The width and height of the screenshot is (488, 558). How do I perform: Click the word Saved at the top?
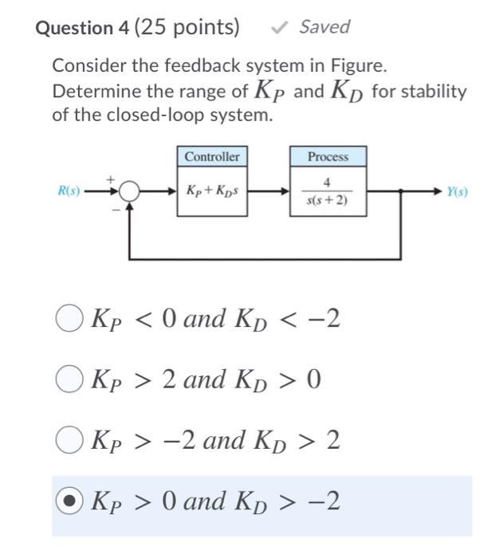[325, 26]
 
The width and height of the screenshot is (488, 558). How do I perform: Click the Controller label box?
[211, 156]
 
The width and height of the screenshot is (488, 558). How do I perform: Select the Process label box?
[328, 156]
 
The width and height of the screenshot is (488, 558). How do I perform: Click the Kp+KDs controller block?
[211, 191]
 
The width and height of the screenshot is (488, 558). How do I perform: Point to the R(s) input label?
[69, 191]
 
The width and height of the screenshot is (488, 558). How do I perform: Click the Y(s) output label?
[457, 191]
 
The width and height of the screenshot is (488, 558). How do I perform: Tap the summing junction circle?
[130, 192]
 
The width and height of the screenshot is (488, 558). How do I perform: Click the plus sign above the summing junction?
[112, 178]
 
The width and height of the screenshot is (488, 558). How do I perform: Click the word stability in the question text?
[434, 92]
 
